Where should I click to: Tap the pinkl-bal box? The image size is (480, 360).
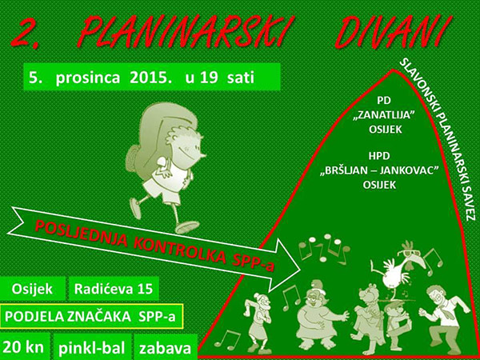[x=90, y=348]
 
